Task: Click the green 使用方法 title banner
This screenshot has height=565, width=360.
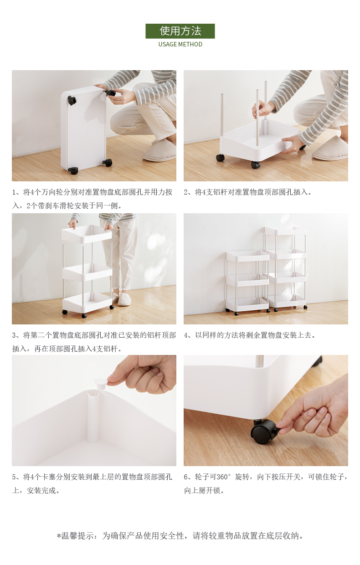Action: [x=180, y=31]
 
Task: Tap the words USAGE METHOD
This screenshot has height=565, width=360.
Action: [x=180, y=44]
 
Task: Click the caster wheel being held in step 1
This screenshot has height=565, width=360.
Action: [x=110, y=93]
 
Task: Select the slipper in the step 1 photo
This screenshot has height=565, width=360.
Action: [x=159, y=150]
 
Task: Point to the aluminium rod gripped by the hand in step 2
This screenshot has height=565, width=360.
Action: [x=257, y=118]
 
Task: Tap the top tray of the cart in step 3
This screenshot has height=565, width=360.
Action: [x=87, y=234]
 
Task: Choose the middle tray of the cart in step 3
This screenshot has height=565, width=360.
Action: [x=87, y=272]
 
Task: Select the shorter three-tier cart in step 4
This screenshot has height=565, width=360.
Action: [x=248, y=282]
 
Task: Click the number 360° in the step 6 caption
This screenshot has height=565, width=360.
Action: [x=223, y=477]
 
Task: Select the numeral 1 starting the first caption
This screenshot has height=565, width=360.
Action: [x=14, y=192]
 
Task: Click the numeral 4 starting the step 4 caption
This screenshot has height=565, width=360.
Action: [x=186, y=335]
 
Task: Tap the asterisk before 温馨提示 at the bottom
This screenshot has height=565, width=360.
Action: [x=59, y=535]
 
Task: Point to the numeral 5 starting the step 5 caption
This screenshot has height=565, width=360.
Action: [x=14, y=477]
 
